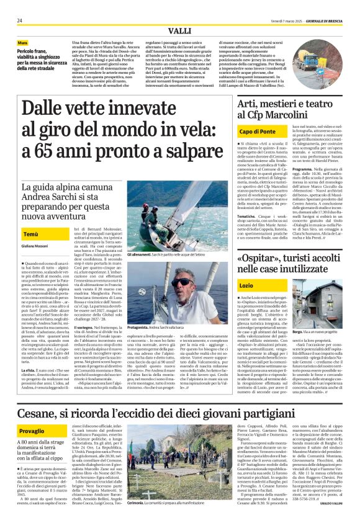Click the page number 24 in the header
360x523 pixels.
click(19, 20)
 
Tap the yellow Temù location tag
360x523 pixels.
click(30, 235)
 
